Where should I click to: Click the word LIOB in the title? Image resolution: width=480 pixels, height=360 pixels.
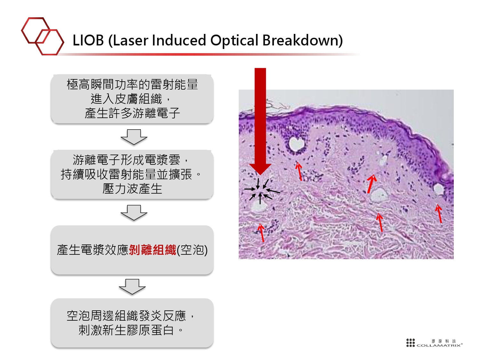(x=88, y=40)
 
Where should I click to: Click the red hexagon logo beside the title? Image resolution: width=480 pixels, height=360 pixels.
(x=43, y=36)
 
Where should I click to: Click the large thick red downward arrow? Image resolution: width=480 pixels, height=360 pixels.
(x=260, y=121)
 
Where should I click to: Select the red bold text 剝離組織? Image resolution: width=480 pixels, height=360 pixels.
(x=152, y=250)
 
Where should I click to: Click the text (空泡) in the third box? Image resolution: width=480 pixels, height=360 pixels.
(x=192, y=250)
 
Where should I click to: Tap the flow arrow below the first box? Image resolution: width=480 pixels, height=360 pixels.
(x=134, y=137)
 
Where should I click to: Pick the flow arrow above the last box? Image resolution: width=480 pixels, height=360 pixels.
(x=132, y=287)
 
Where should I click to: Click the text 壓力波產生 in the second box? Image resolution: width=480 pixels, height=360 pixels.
(x=132, y=188)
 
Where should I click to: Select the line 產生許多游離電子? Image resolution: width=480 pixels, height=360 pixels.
(x=132, y=113)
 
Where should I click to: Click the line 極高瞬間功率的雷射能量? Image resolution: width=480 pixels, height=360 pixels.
(x=132, y=84)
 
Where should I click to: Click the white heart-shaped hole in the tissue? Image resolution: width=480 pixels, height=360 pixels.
(x=296, y=144)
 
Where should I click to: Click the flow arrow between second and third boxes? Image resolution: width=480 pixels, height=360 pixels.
(x=134, y=213)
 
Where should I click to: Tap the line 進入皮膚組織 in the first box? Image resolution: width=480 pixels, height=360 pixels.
(x=126, y=99)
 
